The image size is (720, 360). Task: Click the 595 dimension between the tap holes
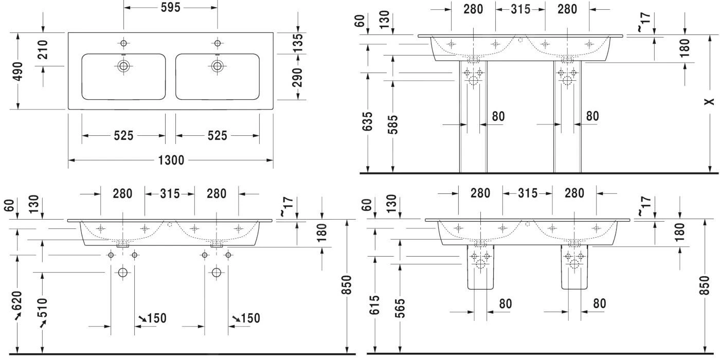(170, 8)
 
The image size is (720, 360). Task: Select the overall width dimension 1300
(171, 160)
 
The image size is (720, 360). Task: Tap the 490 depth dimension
(17, 71)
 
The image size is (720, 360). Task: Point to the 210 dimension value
(43, 49)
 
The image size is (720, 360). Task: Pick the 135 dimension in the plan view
(298, 43)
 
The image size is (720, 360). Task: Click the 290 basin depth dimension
(298, 77)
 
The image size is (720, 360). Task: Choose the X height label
(710, 101)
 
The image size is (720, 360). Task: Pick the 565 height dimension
(400, 307)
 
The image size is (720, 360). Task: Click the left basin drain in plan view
(123, 65)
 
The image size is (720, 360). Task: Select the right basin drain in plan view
(217, 65)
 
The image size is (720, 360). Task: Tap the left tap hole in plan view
(123, 43)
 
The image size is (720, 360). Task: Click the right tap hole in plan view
(217, 43)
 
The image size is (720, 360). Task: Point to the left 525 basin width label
(123, 136)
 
